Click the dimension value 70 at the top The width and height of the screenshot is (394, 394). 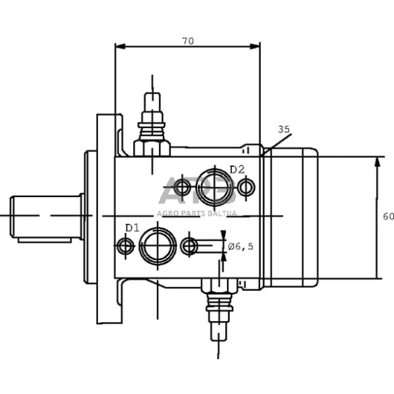[x=188, y=41]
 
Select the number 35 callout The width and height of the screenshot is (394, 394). [x=283, y=129]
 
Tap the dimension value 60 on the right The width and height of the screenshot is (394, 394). [x=388, y=216]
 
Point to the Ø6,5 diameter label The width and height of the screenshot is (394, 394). [x=241, y=247]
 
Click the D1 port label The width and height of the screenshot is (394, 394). [x=132, y=228]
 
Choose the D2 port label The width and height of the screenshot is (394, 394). [x=237, y=170]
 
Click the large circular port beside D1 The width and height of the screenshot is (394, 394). [x=157, y=245]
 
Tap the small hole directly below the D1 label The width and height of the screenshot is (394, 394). [x=125, y=246]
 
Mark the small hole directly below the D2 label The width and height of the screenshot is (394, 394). [x=246, y=187]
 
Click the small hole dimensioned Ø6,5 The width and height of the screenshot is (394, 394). [x=190, y=246]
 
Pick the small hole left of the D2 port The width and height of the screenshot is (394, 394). [x=182, y=187]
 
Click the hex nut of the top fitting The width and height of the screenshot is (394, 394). [x=151, y=147]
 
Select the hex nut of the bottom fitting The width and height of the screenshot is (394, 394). [x=219, y=286]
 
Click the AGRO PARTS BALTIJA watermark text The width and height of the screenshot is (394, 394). [x=197, y=213]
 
